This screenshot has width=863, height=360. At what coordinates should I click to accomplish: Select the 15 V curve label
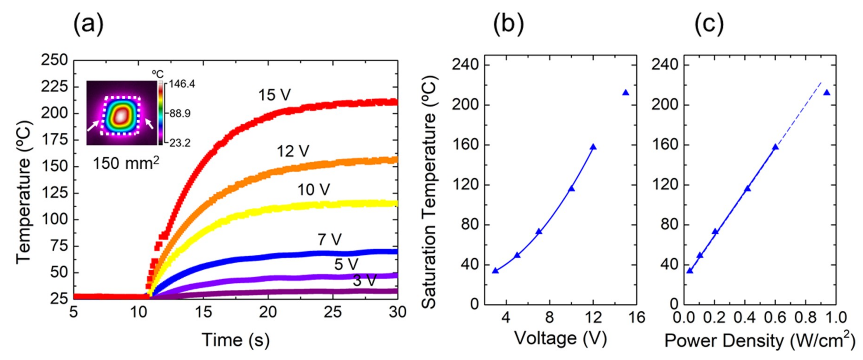point(274,95)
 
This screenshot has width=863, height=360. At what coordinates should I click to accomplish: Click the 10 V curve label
point(314,190)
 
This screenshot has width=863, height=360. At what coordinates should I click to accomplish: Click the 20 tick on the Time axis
point(268,312)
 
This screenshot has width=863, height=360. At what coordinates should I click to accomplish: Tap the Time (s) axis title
point(236,340)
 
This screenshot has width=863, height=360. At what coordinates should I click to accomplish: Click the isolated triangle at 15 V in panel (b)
point(626,93)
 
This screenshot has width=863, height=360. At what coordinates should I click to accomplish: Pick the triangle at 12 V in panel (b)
point(593,147)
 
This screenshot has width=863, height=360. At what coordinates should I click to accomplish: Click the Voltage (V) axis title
point(561,338)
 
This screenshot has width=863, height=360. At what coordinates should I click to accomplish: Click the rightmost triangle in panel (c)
point(827,93)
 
